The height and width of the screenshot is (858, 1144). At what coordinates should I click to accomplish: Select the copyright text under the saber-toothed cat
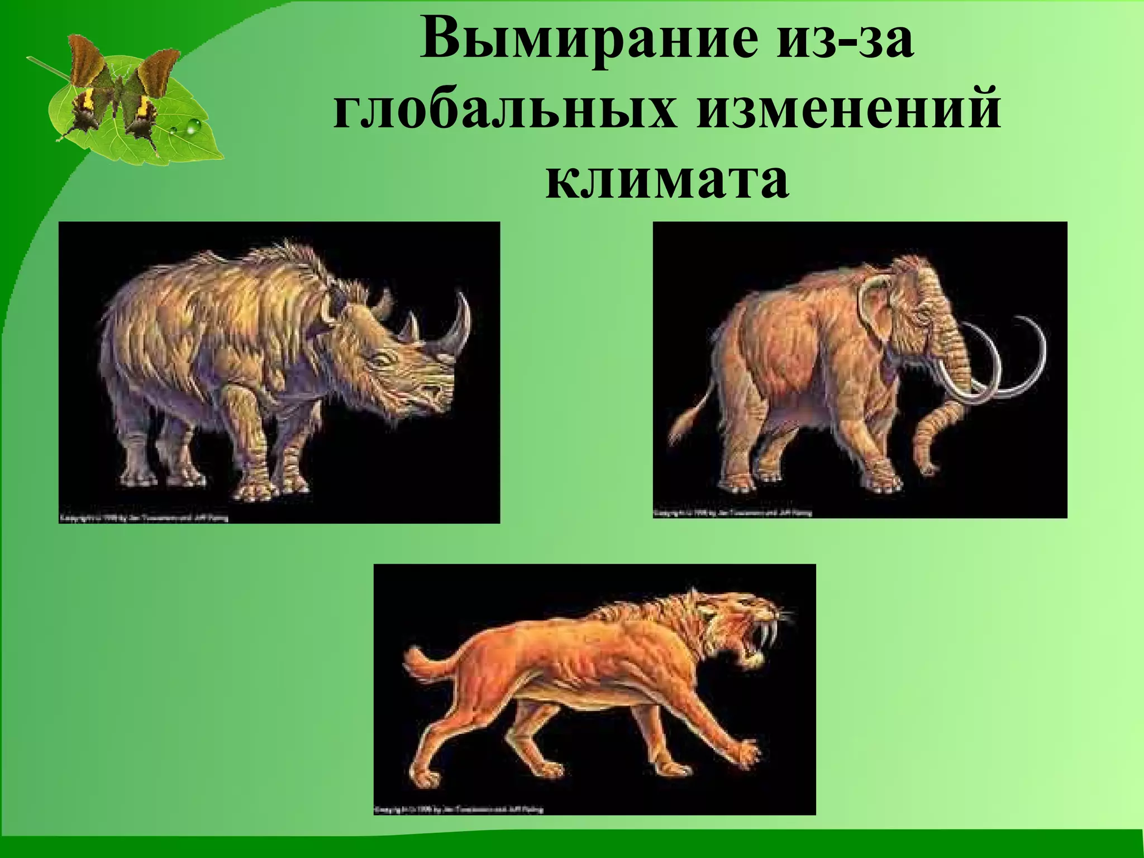[x=458, y=809]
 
